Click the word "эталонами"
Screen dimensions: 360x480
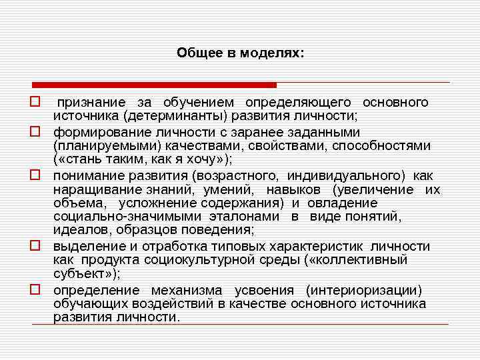pyautogui.click(x=251, y=217)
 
